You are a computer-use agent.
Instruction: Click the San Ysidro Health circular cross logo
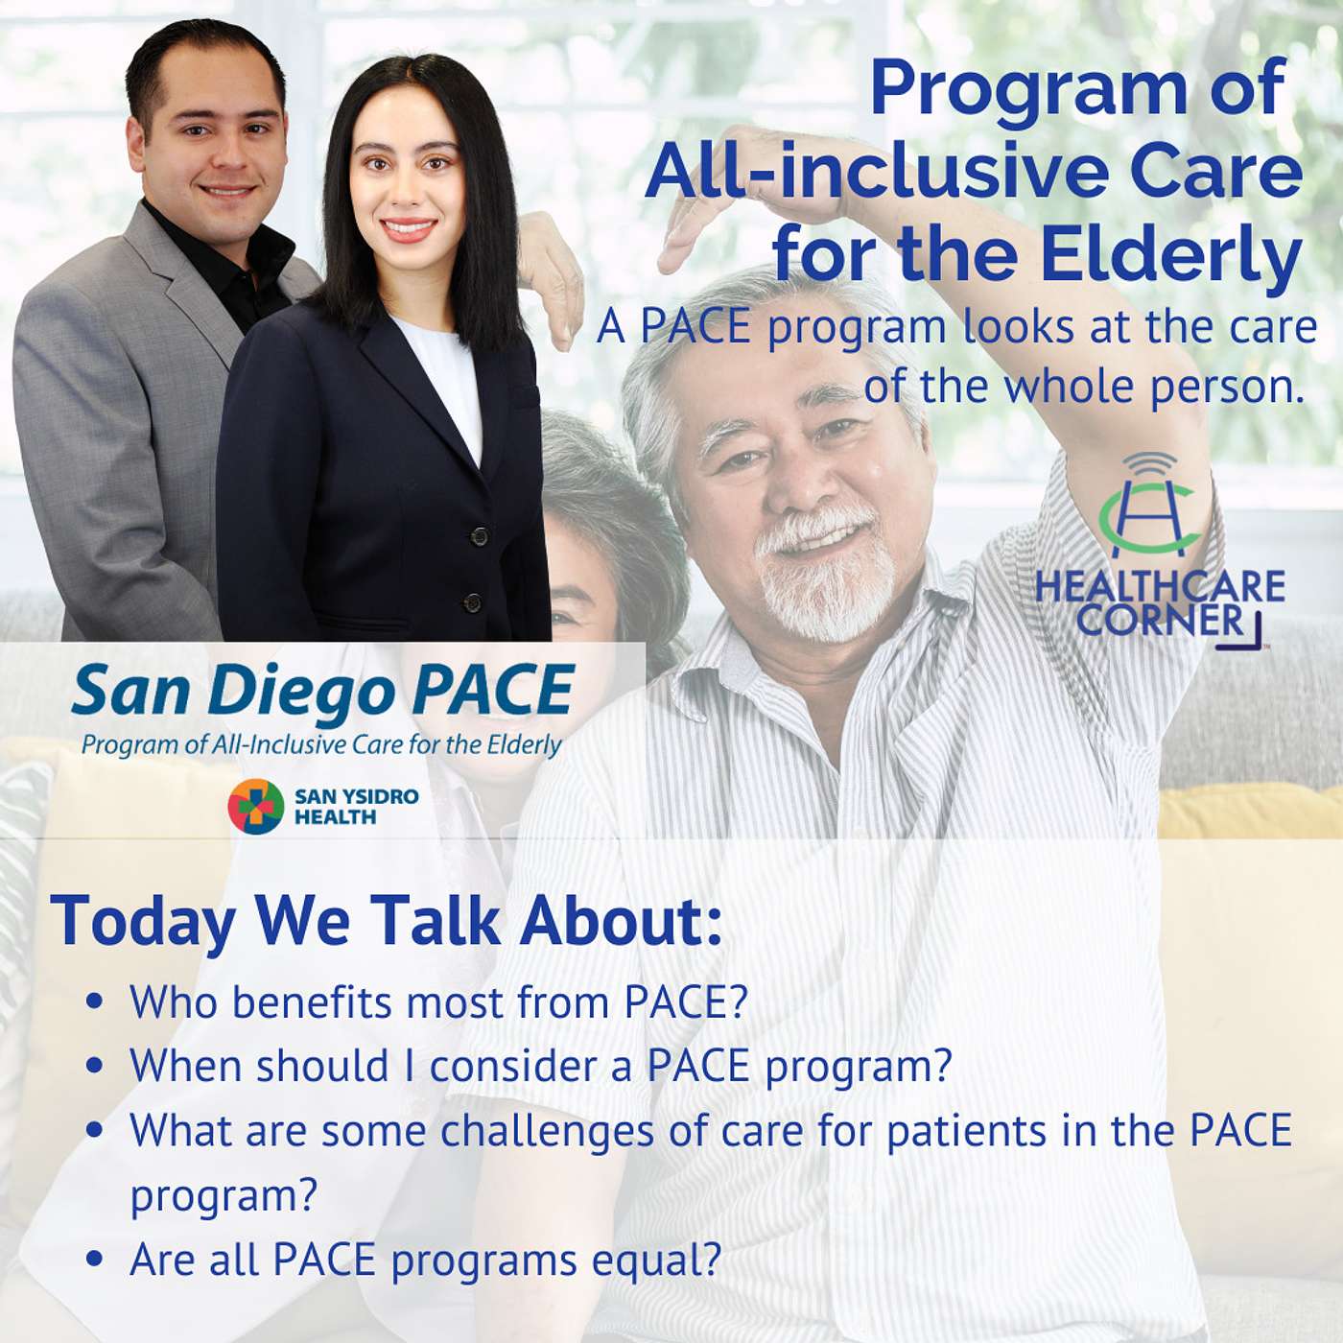(x=256, y=806)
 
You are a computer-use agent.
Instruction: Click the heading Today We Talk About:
(x=387, y=920)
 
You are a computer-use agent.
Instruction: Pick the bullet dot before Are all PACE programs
(x=96, y=1261)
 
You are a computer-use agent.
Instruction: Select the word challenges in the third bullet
(x=547, y=1133)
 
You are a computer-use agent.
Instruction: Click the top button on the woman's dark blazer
(x=478, y=536)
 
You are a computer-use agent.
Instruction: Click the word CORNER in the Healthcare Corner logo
(x=1161, y=620)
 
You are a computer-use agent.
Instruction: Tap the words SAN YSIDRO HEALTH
(x=356, y=807)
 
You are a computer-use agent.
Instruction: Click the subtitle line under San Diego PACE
(x=321, y=745)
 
